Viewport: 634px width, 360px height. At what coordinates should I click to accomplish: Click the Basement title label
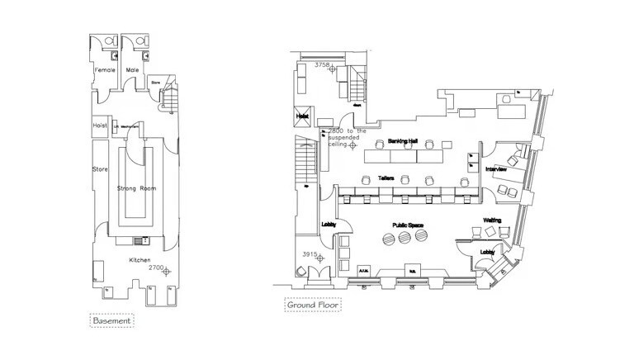click(111, 320)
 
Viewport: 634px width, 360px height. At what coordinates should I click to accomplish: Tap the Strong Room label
click(137, 189)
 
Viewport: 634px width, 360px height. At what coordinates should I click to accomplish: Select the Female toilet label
click(106, 70)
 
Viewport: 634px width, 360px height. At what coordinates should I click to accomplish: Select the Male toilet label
click(132, 70)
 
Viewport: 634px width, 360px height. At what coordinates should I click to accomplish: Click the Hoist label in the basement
click(100, 126)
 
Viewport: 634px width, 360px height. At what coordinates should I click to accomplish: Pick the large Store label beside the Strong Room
click(100, 170)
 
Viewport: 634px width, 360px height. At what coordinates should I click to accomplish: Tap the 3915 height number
click(310, 253)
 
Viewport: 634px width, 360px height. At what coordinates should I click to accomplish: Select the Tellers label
click(386, 178)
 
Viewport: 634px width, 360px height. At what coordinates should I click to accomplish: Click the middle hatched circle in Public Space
click(405, 237)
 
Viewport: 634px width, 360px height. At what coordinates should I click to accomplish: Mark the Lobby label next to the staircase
click(327, 225)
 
